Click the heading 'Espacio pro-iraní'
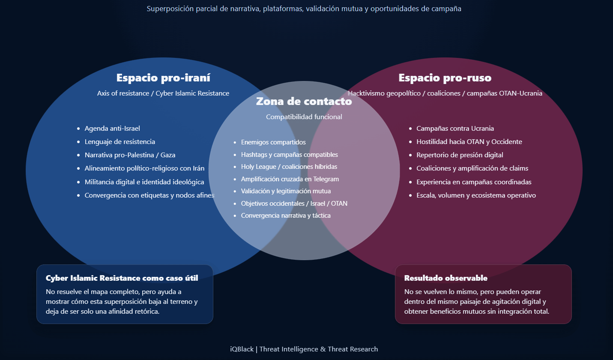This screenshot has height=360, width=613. [x=163, y=78]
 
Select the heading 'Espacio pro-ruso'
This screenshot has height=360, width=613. [x=445, y=78]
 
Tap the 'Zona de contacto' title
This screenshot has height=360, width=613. [x=304, y=102]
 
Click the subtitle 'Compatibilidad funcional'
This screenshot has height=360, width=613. [x=304, y=117]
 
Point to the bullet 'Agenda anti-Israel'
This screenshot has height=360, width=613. [x=112, y=129]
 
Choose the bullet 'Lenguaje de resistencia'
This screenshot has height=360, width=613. [x=120, y=142]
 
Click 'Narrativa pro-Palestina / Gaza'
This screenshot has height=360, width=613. [x=130, y=155]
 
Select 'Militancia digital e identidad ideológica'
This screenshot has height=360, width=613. [x=144, y=182]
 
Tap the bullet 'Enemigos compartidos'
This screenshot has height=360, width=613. [x=273, y=142]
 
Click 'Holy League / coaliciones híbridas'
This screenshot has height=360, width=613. [x=289, y=167]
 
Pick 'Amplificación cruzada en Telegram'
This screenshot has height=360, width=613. [x=290, y=179]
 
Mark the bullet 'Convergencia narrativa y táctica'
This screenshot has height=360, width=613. [x=286, y=216]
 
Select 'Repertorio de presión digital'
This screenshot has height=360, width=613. [x=460, y=155]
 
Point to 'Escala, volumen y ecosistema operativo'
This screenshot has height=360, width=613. [x=476, y=195]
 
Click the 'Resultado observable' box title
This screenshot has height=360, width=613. [x=446, y=278]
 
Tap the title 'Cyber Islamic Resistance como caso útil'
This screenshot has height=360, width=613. [x=122, y=278]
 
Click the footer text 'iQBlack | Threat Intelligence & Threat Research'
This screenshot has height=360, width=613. [x=304, y=349]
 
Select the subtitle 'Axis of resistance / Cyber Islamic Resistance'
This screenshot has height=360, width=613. [x=163, y=93]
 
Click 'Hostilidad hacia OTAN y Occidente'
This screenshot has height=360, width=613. [x=469, y=142]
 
